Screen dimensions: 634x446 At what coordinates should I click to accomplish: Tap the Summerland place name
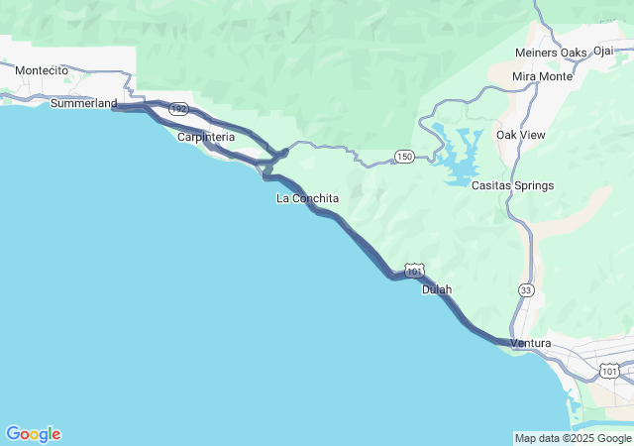click(x=83, y=103)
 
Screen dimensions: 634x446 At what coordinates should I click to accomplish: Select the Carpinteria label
click(x=205, y=137)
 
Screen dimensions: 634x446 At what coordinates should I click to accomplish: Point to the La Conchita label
click(x=307, y=198)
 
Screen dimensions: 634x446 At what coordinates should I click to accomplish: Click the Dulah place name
click(x=437, y=289)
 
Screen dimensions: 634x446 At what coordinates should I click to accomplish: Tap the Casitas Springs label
click(x=512, y=185)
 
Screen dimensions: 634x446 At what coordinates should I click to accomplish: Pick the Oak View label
click(x=521, y=135)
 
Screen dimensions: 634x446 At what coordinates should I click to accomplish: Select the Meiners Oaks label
click(x=551, y=53)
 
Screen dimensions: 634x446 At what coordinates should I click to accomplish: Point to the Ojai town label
click(x=603, y=51)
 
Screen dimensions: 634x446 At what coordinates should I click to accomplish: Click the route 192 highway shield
click(x=177, y=109)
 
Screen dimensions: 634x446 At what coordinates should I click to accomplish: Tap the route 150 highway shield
click(x=403, y=157)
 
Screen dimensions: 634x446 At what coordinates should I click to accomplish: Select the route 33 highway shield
click(x=526, y=289)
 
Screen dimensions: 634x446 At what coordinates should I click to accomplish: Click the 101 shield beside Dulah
click(x=414, y=270)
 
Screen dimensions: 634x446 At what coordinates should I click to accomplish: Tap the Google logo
click(x=33, y=434)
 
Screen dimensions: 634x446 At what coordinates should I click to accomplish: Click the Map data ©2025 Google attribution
click(x=573, y=438)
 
